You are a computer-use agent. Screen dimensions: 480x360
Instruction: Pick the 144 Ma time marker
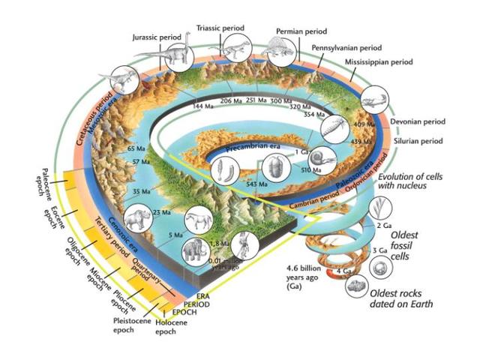point(198,106)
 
